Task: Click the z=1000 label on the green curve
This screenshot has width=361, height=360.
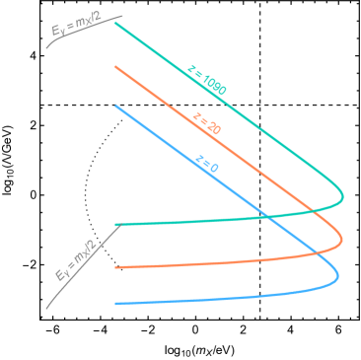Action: coord(207,79)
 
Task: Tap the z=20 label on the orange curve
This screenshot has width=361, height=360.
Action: coord(207,124)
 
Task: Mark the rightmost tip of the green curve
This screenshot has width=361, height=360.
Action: coord(343,197)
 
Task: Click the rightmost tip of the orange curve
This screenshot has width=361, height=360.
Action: coord(342,238)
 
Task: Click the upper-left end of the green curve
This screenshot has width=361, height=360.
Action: coord(115,24)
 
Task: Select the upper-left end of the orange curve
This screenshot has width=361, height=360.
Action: coord(115,67)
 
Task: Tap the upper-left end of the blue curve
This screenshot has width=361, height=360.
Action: coord(115,106)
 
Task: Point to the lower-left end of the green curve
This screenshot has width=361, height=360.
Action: coord(116,225)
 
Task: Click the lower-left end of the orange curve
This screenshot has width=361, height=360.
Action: coord(115,267)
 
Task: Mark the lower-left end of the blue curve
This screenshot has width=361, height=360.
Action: coord(115,304)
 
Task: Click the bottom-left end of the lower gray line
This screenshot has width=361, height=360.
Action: coord(46,309)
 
